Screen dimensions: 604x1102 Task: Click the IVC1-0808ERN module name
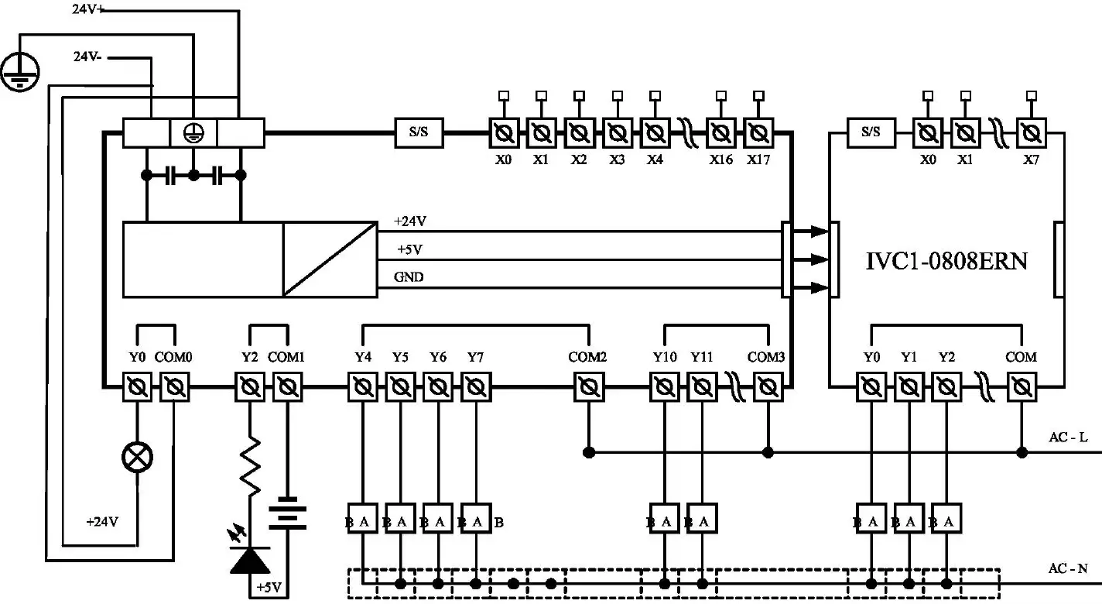click(x=946, y=260)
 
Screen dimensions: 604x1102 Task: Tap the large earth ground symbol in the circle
click(x=19, y=70)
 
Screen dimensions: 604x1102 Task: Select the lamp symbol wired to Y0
click(x=138, y=458)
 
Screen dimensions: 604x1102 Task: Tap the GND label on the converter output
click(x=409, y=277)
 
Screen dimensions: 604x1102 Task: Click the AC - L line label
click(x=1068, y=438)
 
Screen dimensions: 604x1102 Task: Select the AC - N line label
click(x=1068, y=569)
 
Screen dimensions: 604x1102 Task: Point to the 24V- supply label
click(x=88, y=57)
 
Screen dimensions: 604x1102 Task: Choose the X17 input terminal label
click(x=758, y=160)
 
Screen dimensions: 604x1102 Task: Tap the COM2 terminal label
click(x=587, y=357)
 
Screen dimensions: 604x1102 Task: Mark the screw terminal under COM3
click(x=767, y=386)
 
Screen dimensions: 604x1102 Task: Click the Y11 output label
click(x=701, y=357)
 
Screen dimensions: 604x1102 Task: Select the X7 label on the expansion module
click(x=1030, y=160)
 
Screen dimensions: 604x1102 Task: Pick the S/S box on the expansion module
click(x=871, y=132)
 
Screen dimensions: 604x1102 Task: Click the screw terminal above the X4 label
click(x=655, y=132)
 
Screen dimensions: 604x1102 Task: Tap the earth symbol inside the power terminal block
click(x=193, y=132)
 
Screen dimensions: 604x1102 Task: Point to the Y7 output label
click(x=475, y=357)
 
